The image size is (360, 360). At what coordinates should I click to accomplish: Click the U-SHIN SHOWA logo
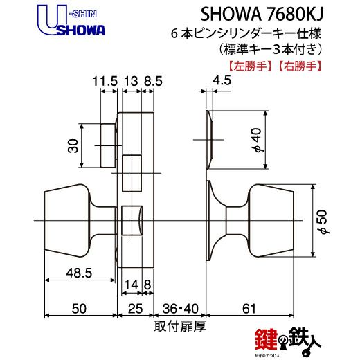coord(71,21)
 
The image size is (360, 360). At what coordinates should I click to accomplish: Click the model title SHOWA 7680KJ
coord(262,15)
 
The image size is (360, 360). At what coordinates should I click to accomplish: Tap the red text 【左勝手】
coord(250,66)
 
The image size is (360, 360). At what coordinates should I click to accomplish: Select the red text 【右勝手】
coord(300,66)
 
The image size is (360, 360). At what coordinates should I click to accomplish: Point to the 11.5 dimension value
coord(105,81)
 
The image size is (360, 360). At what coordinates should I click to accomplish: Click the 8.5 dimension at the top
coord(153,81)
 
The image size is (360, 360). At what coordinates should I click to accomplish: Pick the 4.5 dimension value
coord(222,80)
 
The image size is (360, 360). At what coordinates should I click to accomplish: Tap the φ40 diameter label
coord(257,140)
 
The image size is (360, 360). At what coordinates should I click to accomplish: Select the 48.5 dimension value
coord(79,273)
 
